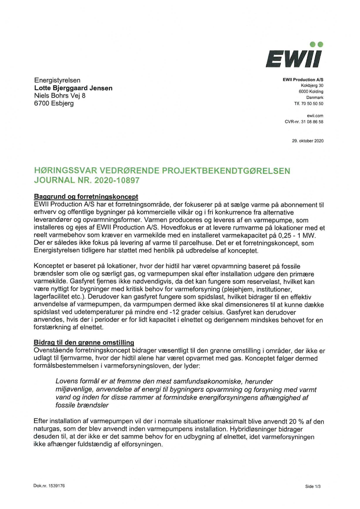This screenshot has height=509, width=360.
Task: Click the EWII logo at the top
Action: [x=293, y=56]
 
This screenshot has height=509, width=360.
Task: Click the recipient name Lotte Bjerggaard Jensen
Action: [x=73, y=88]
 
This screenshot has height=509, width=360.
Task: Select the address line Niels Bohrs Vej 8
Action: [x=60, y=96]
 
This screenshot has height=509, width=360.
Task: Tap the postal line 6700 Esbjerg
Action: [x=54, y=104]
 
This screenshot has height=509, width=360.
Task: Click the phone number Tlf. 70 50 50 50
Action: [x=309, y=104]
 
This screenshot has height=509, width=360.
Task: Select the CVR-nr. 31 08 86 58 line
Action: [x=304, y=122]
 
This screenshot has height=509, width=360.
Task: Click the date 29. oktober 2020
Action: [x=308, y=141]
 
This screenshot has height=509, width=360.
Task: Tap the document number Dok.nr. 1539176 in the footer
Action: [x=49, y=485]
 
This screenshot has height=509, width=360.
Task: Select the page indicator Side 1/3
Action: [x=313, y=486]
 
